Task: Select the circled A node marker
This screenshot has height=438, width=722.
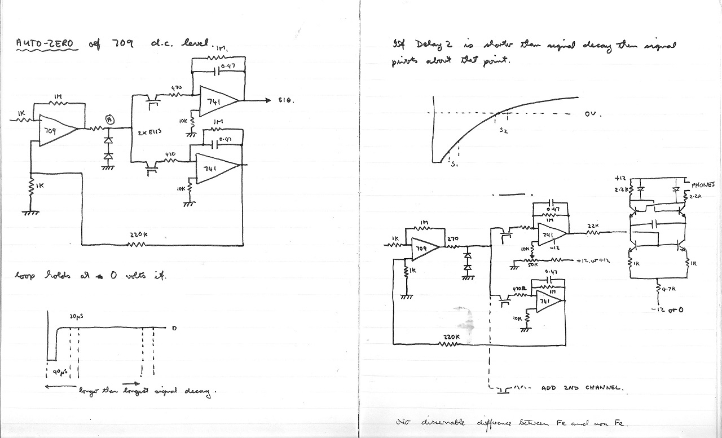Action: (x=111, y=120)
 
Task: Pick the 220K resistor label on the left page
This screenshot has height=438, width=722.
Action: (x=138, y=235)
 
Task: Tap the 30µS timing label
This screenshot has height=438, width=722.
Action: (x=77, y=317)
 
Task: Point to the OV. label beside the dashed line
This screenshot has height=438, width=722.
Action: (x=593, y=114)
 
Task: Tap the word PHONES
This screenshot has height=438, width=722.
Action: (x=703, y=185)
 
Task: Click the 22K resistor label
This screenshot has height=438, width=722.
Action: (x=592, y=225)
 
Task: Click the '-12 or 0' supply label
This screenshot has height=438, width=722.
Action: (x=667, y=309)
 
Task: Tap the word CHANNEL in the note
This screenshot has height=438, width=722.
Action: (x=603, y=388)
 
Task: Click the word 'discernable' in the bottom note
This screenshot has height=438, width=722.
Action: (x=446, y=423)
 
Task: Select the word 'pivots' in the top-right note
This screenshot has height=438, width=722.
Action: (x=404, y=61)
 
